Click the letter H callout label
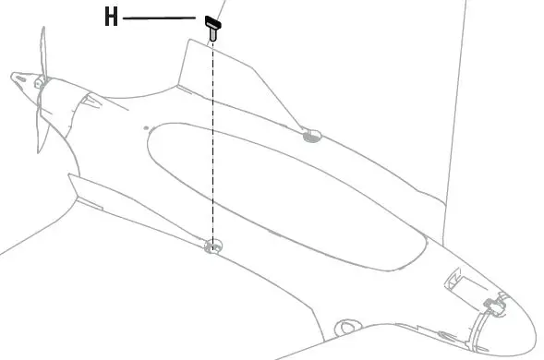[111, 18]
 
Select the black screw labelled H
[212, 25]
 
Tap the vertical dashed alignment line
[213, 138]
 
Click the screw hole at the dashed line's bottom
[213, 246]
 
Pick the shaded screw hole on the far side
[311, 137]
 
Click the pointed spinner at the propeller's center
[18, 75]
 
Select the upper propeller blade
[40, 51]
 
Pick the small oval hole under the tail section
[346, 327]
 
